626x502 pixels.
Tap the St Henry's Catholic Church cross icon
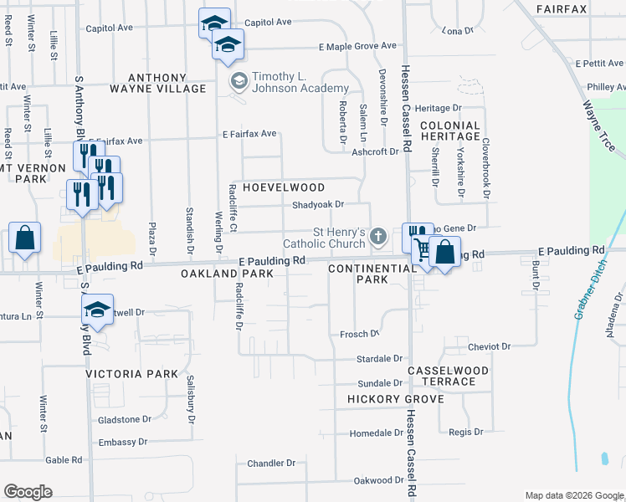[377, 238]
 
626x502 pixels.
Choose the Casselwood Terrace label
[453, 375]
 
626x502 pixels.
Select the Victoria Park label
[132, 374]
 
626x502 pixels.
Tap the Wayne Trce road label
[599, 125]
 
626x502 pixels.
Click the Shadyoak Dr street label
[318, 204]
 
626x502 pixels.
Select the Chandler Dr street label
[271, 463]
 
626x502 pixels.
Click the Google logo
[28, 491]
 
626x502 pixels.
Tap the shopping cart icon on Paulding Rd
[422, 248]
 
